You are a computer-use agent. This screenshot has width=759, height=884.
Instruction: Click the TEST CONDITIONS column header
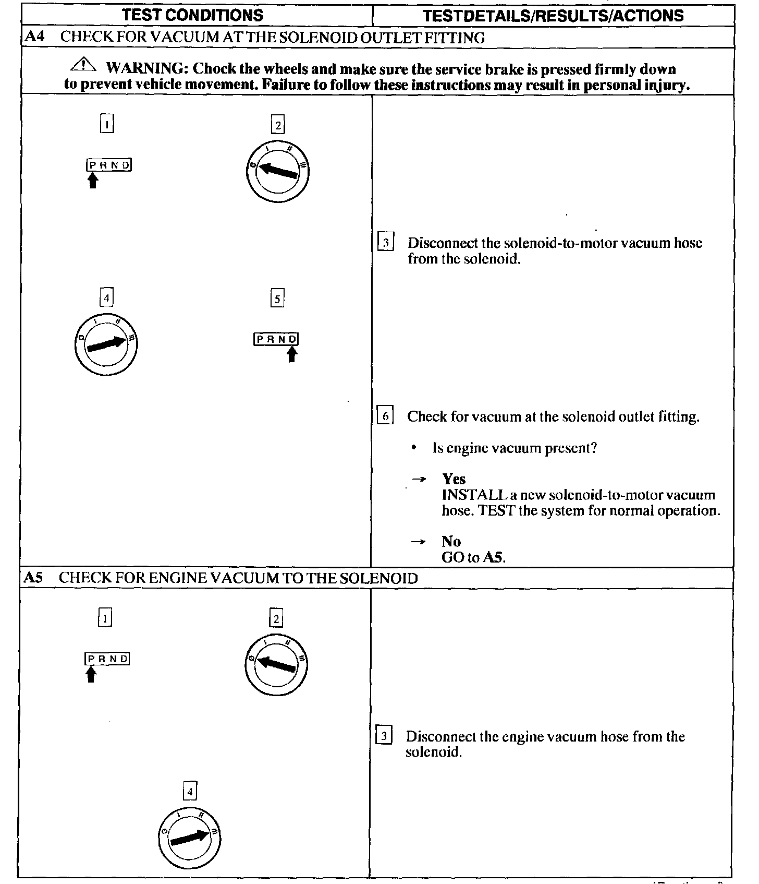[193, 15]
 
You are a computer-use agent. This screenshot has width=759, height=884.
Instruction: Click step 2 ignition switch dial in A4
[277, 171]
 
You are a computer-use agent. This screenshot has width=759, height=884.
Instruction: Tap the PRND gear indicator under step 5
[276, 339]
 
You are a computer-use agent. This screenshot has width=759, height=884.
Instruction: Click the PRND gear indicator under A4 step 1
[108, 165]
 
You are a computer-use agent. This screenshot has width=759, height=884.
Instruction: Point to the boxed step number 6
[385, 416]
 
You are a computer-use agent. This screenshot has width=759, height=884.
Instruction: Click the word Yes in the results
[454, 479]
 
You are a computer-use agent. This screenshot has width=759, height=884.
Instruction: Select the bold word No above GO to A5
[451, 541]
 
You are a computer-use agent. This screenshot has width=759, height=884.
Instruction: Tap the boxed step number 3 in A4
[385, 243]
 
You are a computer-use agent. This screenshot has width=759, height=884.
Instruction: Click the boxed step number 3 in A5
[384, 736]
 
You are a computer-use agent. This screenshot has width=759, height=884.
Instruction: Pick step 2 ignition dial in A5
[276, 664]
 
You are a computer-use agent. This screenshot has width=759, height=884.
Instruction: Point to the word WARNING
[145, 68]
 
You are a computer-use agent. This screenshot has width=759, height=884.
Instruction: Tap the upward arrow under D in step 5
[292, 355]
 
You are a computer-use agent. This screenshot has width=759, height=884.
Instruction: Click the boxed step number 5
[277, 299]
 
